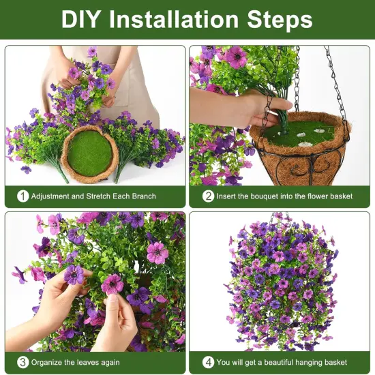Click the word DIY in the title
click(82, 19)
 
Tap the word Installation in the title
click(179, 19)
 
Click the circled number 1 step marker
click(23, 196)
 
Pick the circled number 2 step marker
click(208, 196)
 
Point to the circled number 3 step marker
click(23, 362)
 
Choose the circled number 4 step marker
click(208, 362)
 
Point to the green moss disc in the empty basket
click(89, 153)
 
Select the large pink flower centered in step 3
click(157, 253)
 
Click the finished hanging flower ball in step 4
click(281, 280)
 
